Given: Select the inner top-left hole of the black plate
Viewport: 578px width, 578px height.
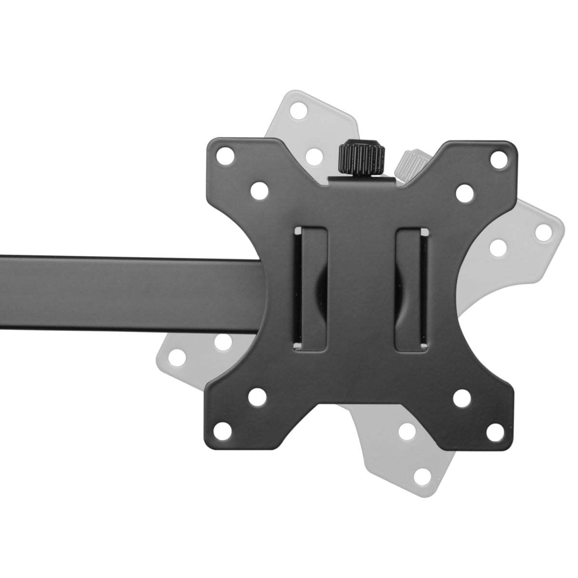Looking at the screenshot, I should click(258, 190).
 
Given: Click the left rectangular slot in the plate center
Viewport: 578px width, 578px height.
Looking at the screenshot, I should click(311, 289).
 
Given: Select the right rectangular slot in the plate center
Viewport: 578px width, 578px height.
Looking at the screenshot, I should click(411, 289).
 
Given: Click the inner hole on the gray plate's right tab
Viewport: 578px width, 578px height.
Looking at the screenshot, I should click(498, 248).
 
